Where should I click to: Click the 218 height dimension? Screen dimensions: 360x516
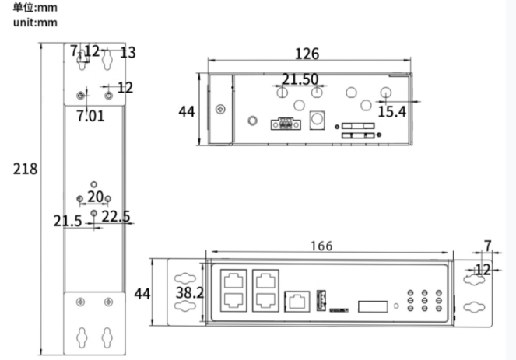pos(26,169)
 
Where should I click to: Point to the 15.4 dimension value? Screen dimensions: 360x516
pos(391,112)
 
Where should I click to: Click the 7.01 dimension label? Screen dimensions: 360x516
pos(90,117)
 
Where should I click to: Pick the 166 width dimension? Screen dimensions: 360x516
pos(320,246)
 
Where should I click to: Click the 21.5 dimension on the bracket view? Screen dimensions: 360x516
pos(68,222)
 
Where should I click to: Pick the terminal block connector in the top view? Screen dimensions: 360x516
pos(283,123)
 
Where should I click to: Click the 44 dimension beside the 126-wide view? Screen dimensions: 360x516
pos(186,111)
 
